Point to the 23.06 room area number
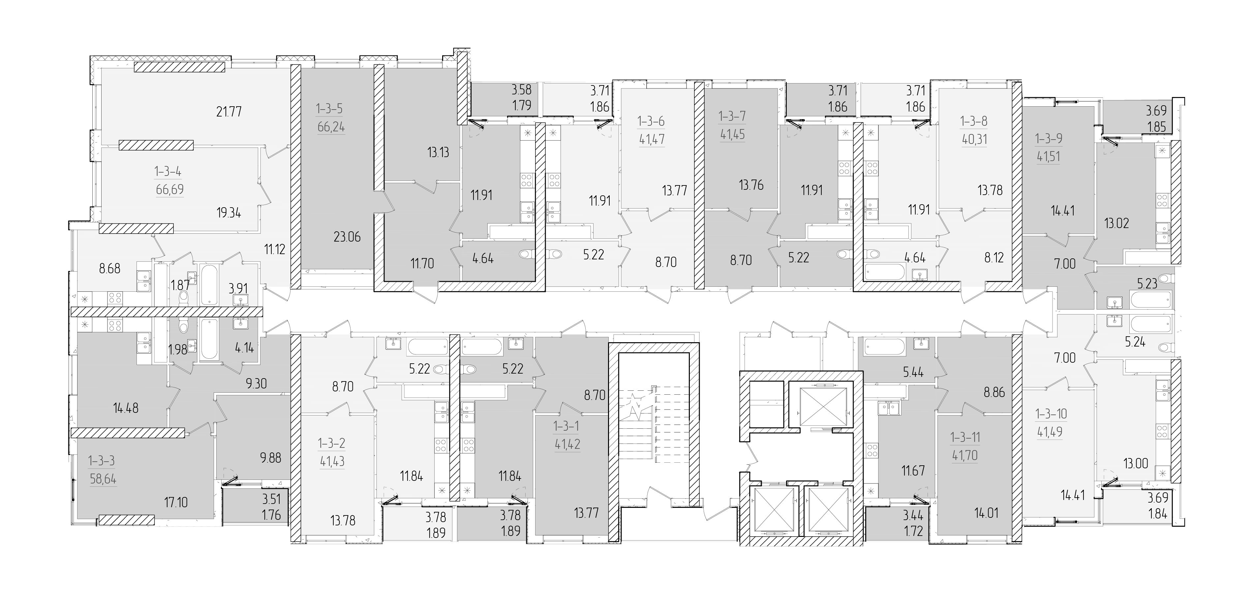pos(347,237)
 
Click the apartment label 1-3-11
pos(965,438)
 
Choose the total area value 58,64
pos(103,479)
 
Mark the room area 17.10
pos(176,502)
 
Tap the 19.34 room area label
pos(229,213)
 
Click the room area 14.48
pos(126,408)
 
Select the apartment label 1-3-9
pos(1048,139)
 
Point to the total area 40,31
pos(974,139)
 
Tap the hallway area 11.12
pos(275,250)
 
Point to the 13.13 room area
pos(438,152)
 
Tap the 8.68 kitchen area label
pos(109,269)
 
